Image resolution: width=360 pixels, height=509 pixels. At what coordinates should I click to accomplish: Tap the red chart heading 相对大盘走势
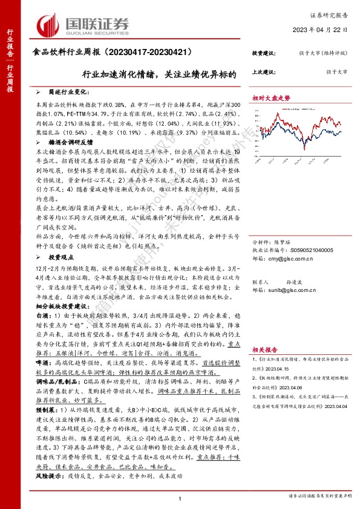pyautogui.click(x=271, y=97)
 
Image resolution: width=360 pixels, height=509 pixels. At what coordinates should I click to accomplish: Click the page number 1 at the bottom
pyautogui.click(x=180, y=497)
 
